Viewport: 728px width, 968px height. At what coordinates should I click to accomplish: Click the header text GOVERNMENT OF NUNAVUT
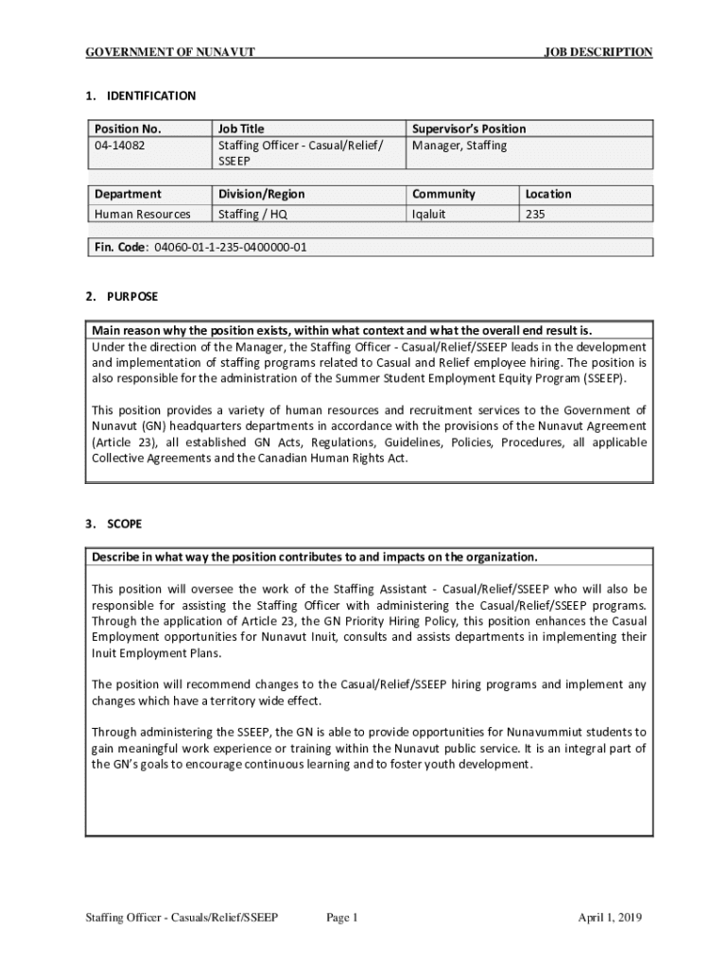[170, 53]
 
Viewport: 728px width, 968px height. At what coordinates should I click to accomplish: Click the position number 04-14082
[119, 146]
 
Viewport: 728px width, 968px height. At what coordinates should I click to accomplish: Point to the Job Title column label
[241, 129]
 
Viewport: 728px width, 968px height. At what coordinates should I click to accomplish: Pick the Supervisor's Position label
[468, 129]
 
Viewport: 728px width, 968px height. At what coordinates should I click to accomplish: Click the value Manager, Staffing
[459, 146]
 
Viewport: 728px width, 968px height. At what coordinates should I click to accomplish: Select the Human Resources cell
[141, 215]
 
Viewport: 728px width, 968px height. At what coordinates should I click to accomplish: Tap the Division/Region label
[261, 194]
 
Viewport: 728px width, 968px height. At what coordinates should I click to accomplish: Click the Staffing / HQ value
[252, 215]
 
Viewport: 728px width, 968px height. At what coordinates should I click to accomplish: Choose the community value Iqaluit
[428, 215]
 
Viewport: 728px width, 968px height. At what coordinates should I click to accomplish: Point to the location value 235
[535, 215]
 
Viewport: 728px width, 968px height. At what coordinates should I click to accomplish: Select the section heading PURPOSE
[132, 297]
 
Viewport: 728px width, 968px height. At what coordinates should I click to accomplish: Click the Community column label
[443, 194]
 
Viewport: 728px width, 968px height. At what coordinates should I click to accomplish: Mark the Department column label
[127, 194]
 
